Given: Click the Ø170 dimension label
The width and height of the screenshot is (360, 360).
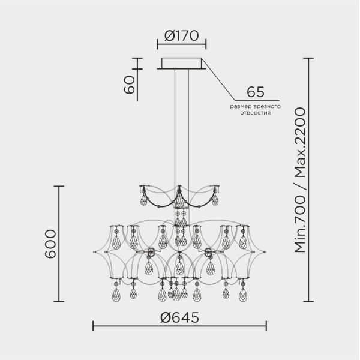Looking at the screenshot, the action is pyautogui.click(x=181, y=35).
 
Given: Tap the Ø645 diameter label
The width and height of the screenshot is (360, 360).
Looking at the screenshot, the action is pyautogui.click(x=180, y=317).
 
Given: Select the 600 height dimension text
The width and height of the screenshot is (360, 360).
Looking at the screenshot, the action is pyautogui.click(x=50, y=244).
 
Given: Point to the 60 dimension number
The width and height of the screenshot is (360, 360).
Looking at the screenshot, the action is pyautogui.click(x=129, y=85).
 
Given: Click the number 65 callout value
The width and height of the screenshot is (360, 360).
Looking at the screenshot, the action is pyautogui.click(x=256, y=92).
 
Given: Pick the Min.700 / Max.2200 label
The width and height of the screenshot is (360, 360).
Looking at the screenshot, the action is pyautogui.click(x=300, y=180).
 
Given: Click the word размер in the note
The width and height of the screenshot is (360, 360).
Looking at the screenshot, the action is pyautogui.click(x=240, y=107).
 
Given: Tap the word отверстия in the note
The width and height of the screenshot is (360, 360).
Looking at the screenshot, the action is pyautogui.click(x=256, y=113).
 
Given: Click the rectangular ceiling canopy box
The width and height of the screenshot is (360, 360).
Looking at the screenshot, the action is pyautogui.click(x=181, y=63).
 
